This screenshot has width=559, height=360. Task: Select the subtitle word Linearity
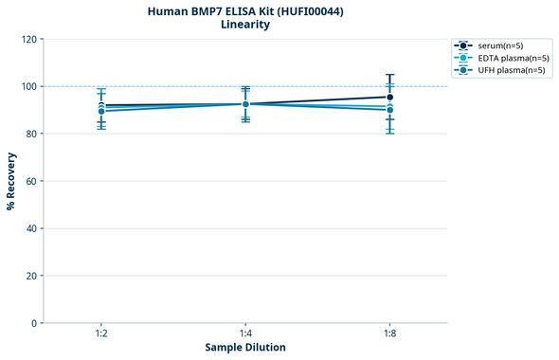click(245, 25)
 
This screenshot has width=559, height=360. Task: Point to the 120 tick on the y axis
click(28, 39)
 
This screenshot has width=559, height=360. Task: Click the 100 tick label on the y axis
click(28, 86)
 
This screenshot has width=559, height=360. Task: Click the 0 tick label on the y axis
click(34, 323)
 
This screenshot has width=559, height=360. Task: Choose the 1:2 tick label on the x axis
click(100, 334)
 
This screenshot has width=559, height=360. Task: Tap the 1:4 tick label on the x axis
click(245, 334)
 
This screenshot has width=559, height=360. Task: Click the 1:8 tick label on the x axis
click(389, 334)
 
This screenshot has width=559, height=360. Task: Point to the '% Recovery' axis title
click(10, 181)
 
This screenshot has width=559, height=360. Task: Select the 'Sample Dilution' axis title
click(245, 348)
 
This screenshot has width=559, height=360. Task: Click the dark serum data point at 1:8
click(389, 97)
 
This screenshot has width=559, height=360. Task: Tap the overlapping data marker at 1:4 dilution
click(245, 104)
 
